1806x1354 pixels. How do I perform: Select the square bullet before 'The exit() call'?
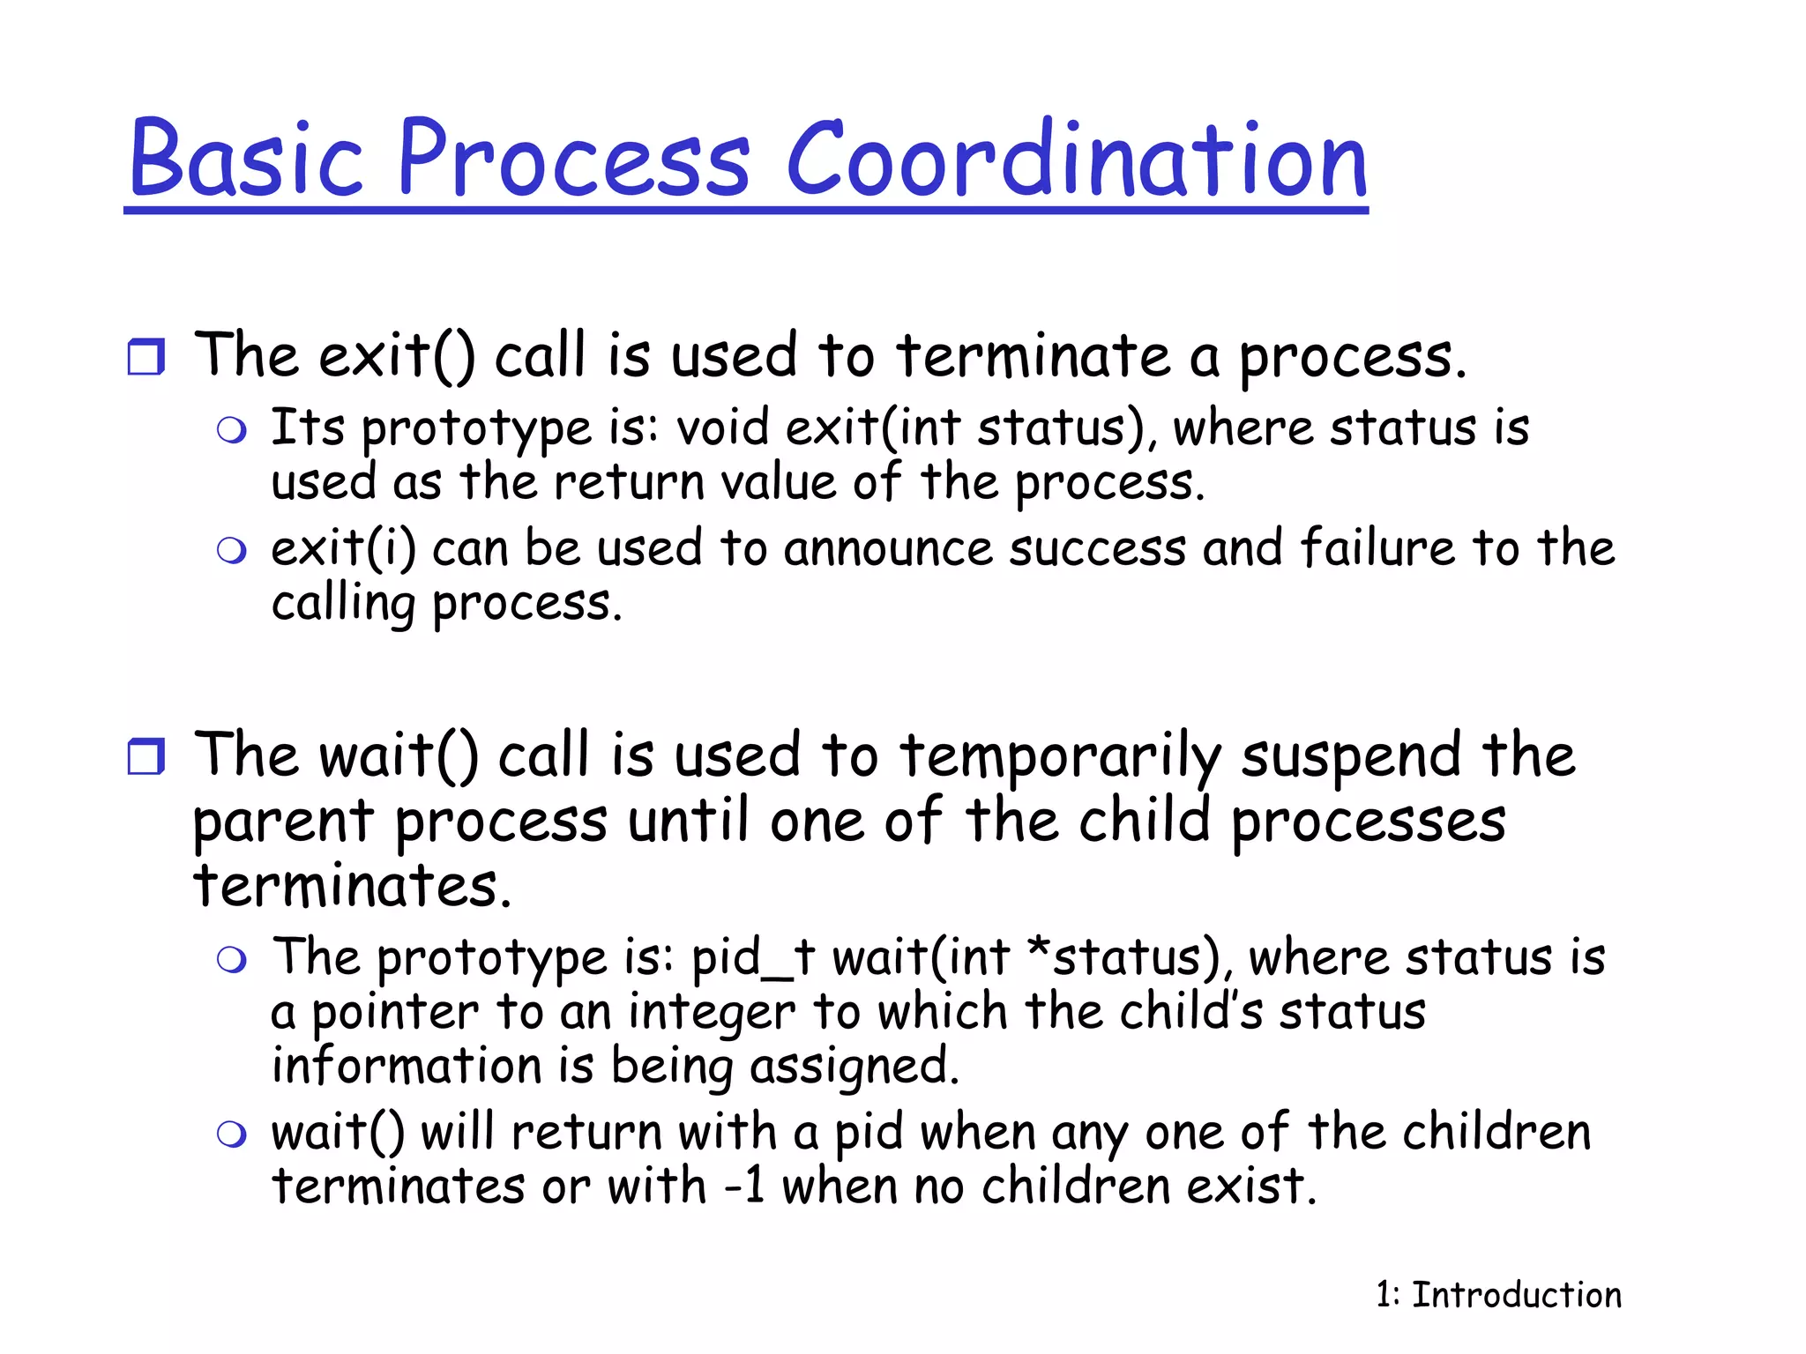click(x=146, y=357)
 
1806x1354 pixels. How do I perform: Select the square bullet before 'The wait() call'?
click(x=146, y=756)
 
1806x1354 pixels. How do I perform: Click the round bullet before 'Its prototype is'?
click(x=231, y=430)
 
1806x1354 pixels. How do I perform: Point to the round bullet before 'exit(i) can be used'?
click(x=231, y=551)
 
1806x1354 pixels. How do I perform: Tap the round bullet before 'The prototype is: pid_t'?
click(x=231, y=959)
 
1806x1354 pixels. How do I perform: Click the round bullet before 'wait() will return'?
click(x=231, y=1134)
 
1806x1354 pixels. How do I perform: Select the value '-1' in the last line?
click(x=743, y=1187)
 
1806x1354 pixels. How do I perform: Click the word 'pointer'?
click(x=394, y=1014)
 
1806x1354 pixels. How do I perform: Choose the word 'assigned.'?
click(x=854, y=1067)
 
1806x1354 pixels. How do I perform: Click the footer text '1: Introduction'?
click(x=1498, y=1295)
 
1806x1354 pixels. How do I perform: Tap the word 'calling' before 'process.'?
click(x=343, y=605)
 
